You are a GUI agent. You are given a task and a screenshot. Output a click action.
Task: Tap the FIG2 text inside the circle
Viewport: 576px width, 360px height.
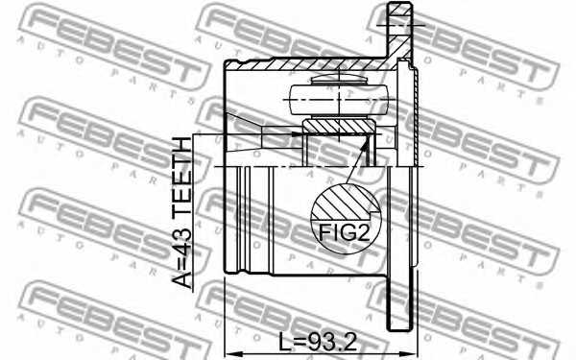click(x=344, y=231)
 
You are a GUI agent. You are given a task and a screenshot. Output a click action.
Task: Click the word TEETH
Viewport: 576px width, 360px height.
click(x=180, y=176)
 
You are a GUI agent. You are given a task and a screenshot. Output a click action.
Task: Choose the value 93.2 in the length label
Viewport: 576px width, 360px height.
click(x=336, y=341)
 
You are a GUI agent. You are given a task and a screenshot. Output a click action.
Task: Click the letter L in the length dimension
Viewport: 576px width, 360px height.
click(x=285, y=341)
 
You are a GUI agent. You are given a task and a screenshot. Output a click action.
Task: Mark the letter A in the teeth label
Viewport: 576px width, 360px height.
click(x=180, y=277)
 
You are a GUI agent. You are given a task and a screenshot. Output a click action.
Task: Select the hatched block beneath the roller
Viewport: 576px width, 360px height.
click(x=337, y=126)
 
